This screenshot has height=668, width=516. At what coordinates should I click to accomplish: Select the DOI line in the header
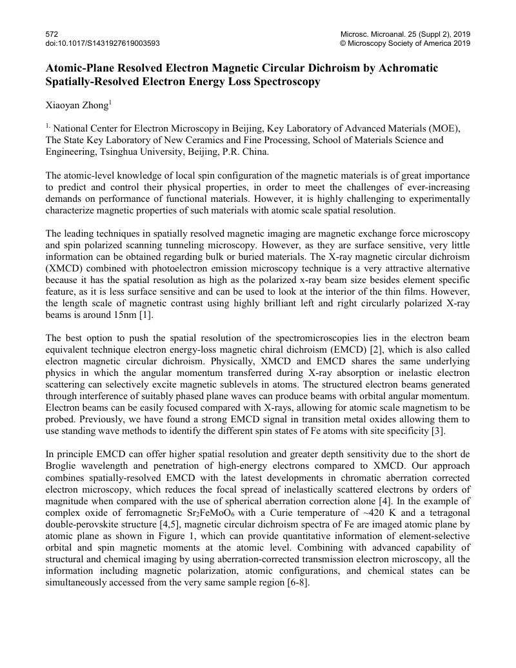[x=103, y=43]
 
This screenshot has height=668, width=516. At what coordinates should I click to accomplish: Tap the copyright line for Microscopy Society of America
[x=404, y=43]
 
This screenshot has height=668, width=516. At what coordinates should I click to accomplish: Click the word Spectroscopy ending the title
[x=283, y=82]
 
